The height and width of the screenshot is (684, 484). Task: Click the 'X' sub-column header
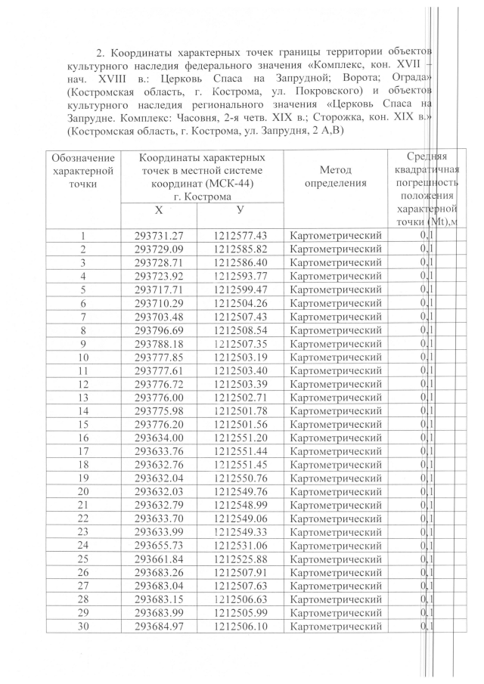click(x=158, y=210)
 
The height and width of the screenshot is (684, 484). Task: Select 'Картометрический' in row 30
click(x=336, y=626)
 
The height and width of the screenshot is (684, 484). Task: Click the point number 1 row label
click(x=82, y=236)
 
